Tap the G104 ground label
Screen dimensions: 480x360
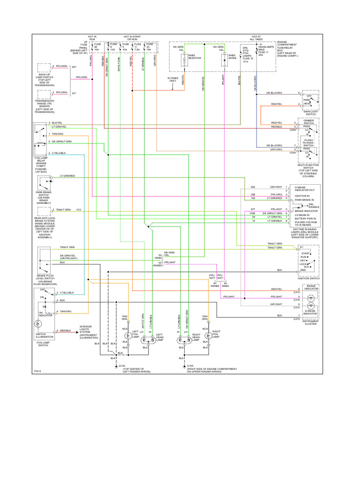[x=122, y=366]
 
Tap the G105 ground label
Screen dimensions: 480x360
[x=190, y=366]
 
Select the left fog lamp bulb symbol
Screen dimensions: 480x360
[x=126, y=336]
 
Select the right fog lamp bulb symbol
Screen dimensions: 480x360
[x=207, y=336]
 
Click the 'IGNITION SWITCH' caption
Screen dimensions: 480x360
[x=307, y=278]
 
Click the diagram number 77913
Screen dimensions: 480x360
[x=37, y=372]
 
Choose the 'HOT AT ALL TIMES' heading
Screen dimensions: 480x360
[x=256, y=37]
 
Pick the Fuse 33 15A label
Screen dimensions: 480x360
[x=149, y=49]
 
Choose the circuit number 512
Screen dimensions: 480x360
[x=79, y=210]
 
